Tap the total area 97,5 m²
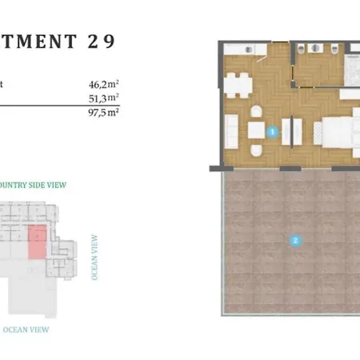[104, 112]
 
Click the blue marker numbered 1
[273, 130]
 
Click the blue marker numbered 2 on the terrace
[295, 238]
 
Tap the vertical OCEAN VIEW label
[95, 256]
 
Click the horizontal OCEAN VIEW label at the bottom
[26, 329]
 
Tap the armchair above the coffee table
[256, 112]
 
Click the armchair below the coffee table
[256, 150]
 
